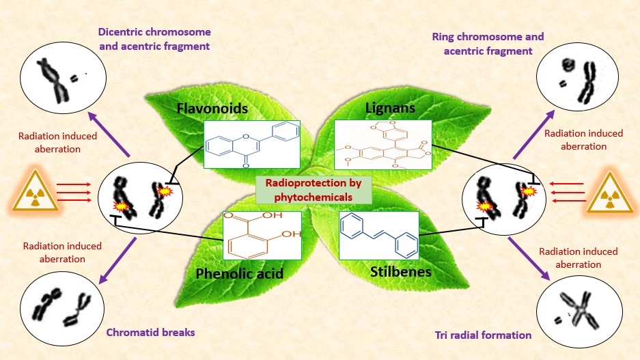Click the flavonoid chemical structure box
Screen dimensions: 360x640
click(252, 145)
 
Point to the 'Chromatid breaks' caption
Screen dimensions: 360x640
click(151, 333)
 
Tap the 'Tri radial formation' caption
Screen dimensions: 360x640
click(483, 335)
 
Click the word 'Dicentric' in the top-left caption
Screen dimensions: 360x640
click(122, 32)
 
